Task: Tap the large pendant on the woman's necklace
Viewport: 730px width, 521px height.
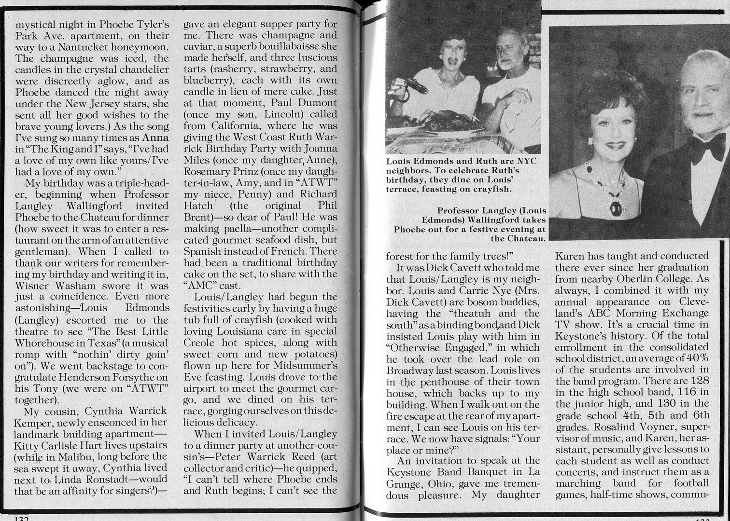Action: [x=616, y=208]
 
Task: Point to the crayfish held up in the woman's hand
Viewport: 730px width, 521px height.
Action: [x=416, y=86]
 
